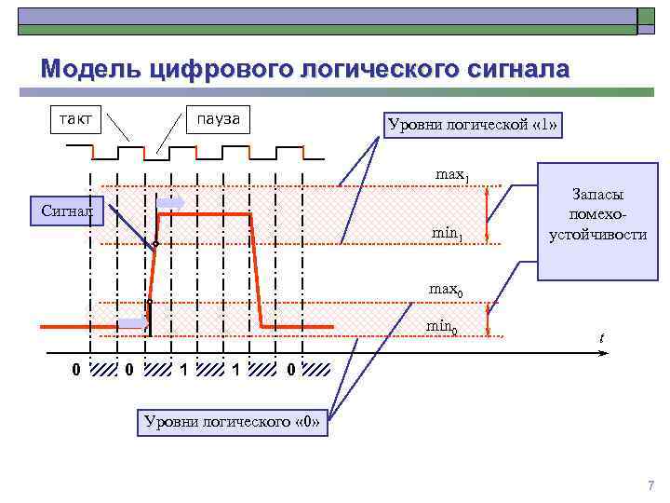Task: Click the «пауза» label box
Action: tap(218, 119)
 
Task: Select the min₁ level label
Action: tap(447, 233)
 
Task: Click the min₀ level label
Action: tap(441, 326)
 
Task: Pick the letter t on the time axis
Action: tap(601, 338)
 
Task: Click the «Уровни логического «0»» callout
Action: tap(233, 421)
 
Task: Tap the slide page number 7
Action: tap(650, 485)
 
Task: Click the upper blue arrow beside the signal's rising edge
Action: tap(171, 202)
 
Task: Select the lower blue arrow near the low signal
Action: tap(132, 323)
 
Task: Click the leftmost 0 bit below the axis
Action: tap(76, 371)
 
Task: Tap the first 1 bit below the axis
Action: tap(184, 371)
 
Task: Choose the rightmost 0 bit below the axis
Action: tap(291, 371)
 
